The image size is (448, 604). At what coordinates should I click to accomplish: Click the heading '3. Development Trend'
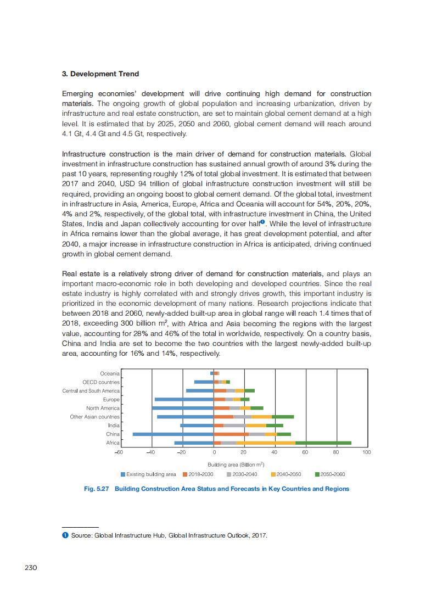tap(100, 74)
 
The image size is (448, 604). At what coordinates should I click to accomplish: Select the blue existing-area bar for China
tap(173, 434)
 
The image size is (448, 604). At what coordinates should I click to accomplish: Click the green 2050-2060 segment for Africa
tap(323, 443)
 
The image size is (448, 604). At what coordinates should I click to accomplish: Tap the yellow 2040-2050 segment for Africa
tap(266, 443)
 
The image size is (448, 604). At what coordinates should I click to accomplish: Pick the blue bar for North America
tap(183, 408)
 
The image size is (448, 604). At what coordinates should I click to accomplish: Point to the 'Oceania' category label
tap(110, 373)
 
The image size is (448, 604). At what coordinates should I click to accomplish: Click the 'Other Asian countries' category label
tap(94, 417)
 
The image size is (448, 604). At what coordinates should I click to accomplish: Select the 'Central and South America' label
tap(91, 390)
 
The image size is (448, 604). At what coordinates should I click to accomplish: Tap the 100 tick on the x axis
tap(367, 452)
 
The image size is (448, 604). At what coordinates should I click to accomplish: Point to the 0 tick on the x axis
tap(214, 452)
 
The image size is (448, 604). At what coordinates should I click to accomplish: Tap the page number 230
tap(31, 567)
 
